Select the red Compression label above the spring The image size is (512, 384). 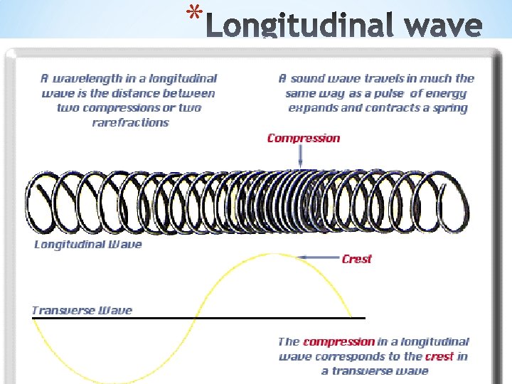point(304,138)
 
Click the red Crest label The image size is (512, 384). point(356,259)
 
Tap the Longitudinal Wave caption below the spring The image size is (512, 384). point(88,245)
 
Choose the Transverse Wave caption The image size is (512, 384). point(82,310)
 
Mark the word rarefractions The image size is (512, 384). point(131,122)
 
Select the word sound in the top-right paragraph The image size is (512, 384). point(311,78)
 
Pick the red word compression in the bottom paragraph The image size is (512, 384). point(338,342)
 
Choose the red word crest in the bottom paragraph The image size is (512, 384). point(439,356)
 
